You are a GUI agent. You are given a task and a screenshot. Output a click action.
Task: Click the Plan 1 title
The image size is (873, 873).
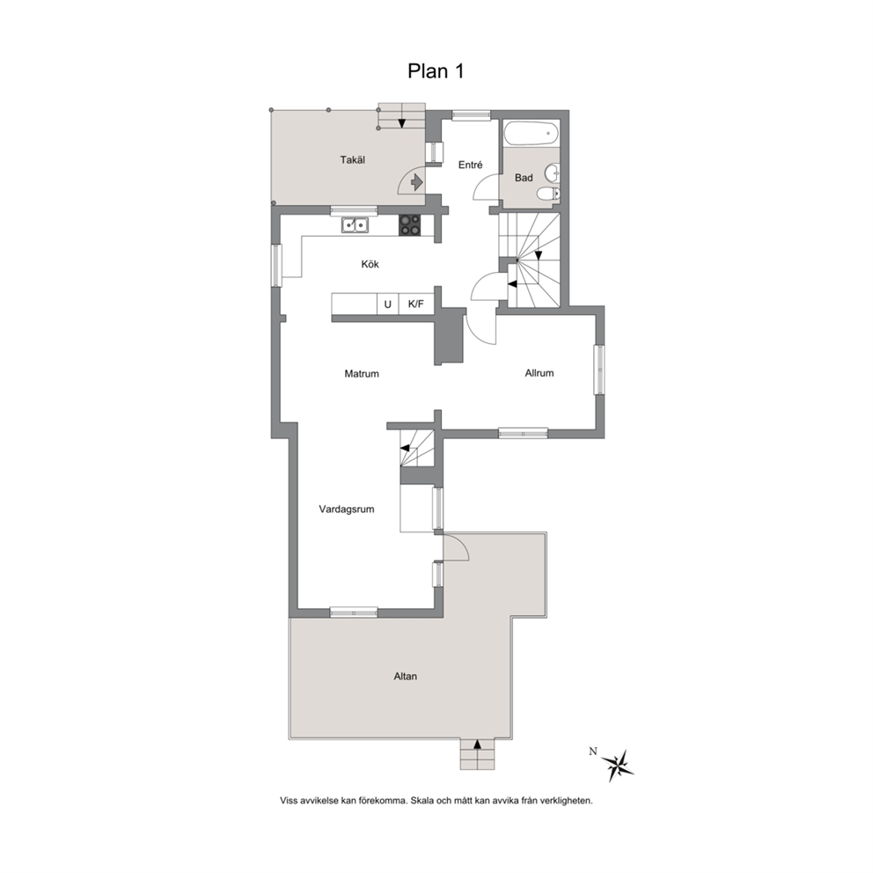coord(436,71)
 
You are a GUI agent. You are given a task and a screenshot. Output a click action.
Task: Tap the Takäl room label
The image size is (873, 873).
coord(352,160)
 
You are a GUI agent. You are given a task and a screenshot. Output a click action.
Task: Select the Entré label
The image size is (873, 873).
coord(470,165)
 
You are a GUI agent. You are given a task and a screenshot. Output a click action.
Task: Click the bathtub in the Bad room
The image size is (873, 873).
coord(532,134)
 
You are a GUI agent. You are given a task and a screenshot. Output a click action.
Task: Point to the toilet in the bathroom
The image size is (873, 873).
coord(548,194)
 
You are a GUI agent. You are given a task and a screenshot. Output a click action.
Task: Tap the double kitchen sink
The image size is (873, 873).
coord(354,224)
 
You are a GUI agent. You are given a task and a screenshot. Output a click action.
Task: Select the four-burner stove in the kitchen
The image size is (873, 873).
coord(410,225)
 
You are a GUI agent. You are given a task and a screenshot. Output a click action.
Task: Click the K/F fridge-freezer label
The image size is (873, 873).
coord(416,304)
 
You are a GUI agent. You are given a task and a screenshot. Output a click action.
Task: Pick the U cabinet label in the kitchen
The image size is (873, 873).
coord(387,304)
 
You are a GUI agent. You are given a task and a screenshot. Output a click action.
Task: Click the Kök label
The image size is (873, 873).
coord(370,264)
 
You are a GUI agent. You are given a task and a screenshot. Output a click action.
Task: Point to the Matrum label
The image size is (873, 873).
coord(362,374)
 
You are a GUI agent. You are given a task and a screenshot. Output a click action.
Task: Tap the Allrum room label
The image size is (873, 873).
coord(539,373)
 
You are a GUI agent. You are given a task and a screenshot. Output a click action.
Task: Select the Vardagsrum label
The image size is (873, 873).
coord(347,509)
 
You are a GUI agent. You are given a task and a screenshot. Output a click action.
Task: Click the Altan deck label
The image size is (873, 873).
coord(406,677)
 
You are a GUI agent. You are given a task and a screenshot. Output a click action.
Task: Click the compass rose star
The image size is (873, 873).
coord(618,766)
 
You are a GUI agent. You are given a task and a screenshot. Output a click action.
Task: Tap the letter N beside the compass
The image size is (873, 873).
coord(593,752)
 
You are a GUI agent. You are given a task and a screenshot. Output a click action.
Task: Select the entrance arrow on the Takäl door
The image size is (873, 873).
coord(416,182)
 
